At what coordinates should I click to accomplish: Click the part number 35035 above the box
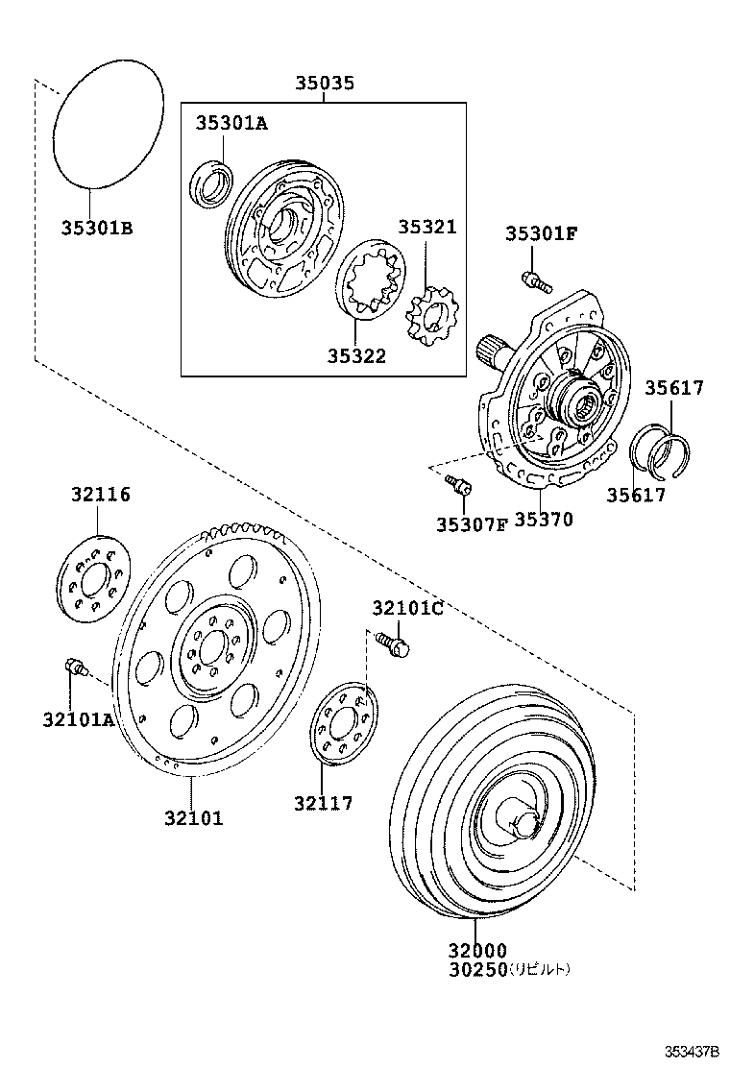(x=324, y=84)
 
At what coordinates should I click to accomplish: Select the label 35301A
(x=231, y=123)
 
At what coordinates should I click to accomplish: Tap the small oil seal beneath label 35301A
(x=208, y=185)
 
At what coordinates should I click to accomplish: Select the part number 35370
(x=543, y=521)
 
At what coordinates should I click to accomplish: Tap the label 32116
(x=100, y=496)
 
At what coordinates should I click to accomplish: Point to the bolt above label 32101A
(x=74, y=666)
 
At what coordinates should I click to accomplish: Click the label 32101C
(x=407, y=608)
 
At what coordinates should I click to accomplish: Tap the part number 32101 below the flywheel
(x=192, y=818)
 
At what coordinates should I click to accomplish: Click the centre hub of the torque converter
(x=524, y=823)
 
